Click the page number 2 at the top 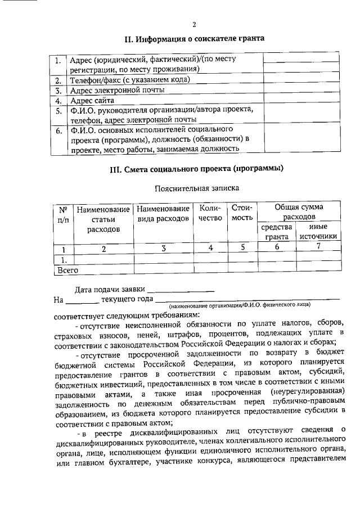coord(194,24)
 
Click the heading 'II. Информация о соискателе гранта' coord(194,39)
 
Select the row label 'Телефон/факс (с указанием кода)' coord(129,80)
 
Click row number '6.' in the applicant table coord(58,132)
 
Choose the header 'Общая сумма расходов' coord(299,212)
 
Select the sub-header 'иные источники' coord(318,232)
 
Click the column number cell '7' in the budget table coord(318,247)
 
